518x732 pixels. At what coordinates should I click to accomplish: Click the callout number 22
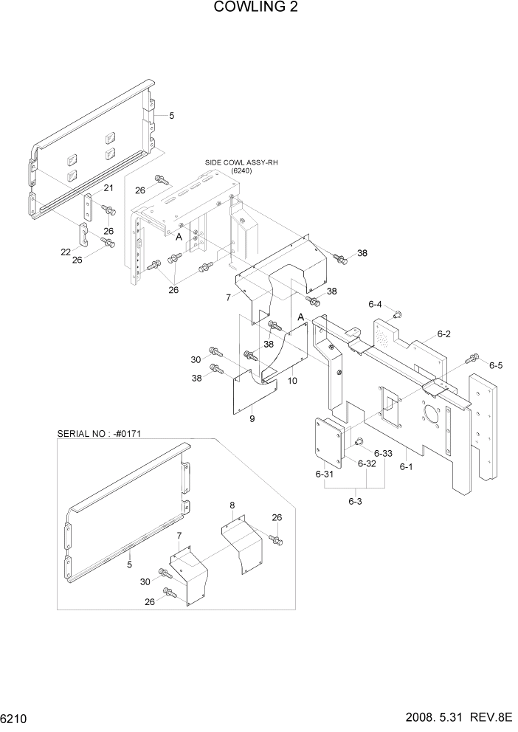pos(66,252)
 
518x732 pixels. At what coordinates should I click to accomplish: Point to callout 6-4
pos(375,304)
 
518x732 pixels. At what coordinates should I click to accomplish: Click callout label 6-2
pos(443,334)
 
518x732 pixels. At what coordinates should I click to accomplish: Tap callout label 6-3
pos(355,501)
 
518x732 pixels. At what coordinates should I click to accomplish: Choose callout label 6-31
pos(325,475)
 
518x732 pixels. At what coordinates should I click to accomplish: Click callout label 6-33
pos(384,453)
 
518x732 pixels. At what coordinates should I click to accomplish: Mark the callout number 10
pos(292,381)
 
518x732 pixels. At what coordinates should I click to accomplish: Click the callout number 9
pos(252,419)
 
